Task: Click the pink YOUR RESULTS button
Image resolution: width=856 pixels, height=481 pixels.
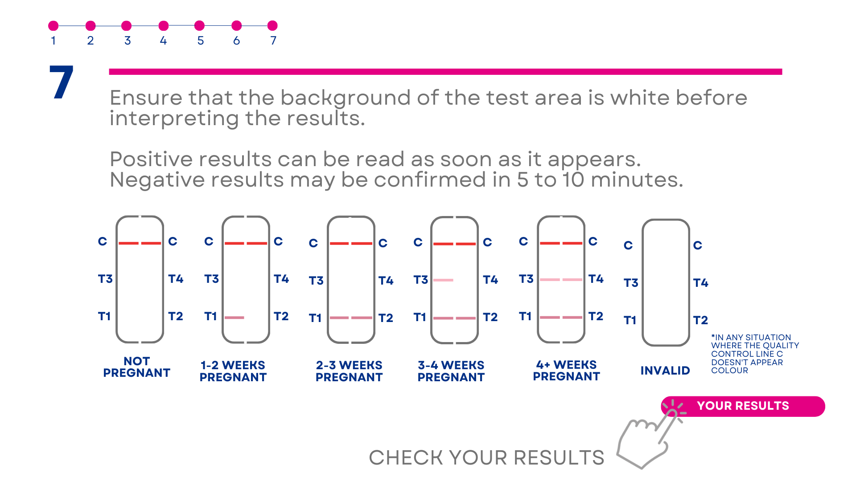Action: pyautogui.click(x=743, y=406)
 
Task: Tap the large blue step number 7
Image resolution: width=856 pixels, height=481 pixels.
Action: pyautogui.click(x=62, y=82)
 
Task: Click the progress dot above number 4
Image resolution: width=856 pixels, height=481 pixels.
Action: pyautogui.click(x=164, y=26)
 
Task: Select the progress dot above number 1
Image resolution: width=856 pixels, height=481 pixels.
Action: pyautogui.click(x=53, y=26)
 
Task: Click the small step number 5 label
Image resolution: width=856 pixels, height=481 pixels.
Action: pyautogui.click(x=201, y=41)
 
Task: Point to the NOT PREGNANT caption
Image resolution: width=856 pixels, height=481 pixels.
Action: pyautogui.click(x=136, y=367)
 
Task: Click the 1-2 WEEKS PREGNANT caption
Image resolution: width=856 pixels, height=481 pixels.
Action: pyautogui.click(x=233, y=371)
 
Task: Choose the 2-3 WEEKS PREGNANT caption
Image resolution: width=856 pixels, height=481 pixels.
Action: pyautogui.click(x=349, y=371)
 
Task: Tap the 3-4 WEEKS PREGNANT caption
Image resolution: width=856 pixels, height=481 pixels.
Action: pyautogui.click(x=451, y=371)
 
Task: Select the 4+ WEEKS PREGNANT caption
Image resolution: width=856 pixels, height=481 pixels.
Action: pyautogui.click(x=566, y=371)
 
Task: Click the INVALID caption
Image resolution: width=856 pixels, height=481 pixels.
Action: pyautogui.click(x=665, y=371)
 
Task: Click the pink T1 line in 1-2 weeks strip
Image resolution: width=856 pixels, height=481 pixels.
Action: pyautogui.click(x=235, y=318)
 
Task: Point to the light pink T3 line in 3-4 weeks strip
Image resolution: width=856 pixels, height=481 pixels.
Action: pyautogui.click(x=444, y=280)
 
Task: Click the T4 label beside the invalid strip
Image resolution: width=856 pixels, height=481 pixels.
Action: pyautogui.click(x=701, y=283)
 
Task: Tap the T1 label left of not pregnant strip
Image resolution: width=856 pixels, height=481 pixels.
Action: pyautogui.click(x=104, y=316)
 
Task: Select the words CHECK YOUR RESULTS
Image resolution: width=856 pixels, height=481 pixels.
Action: pyautogui.click(x=486, y=458)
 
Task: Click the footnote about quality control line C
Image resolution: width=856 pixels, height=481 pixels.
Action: pyautogui.click(x=755, y=354)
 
